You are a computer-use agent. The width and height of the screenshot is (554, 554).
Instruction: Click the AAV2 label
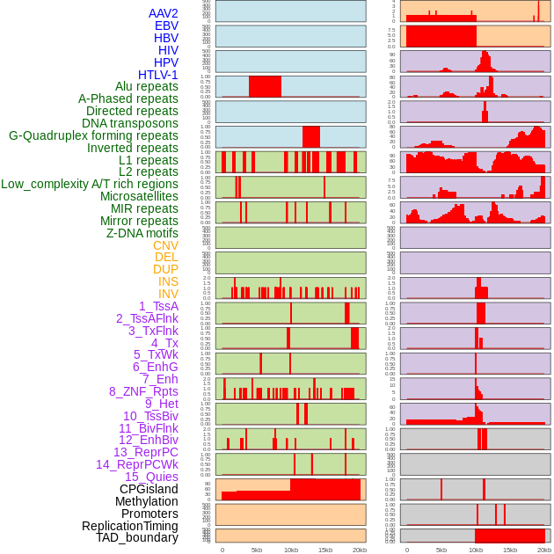click(x=163, y=13)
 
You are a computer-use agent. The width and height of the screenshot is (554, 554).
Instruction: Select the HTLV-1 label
click(x=157, y=75)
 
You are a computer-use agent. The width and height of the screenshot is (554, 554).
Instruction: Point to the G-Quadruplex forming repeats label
click(x=93, y=135)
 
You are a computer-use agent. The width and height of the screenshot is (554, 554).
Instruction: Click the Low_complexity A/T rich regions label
click(x=90, y=184)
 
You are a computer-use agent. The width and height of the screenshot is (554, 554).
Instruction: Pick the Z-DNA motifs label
click(x=142, y=233)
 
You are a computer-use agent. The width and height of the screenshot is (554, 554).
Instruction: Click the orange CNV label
click(x=165, y=245)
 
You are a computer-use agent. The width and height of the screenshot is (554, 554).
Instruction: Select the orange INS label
click(x=168, y=281)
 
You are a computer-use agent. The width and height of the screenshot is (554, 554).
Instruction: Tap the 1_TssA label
click(x=158, y=306)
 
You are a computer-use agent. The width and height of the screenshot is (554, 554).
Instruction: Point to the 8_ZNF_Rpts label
click(x=143, y=391)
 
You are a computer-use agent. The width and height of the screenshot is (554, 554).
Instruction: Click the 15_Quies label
click(x=151, y=477)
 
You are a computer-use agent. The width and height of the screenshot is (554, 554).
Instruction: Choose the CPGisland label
click(x=149, y=489)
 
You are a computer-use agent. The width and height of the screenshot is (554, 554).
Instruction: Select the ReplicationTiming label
click(x=130, y=526)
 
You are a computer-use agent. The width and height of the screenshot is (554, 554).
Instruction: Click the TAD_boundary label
click(x=136, y=537)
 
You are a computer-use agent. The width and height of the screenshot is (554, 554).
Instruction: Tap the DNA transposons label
click(x=130, y=123)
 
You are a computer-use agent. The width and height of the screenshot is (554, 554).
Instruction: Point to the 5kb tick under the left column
click(x=257, y=550)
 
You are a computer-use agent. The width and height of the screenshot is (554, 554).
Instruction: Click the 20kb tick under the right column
click(x=544, y=550)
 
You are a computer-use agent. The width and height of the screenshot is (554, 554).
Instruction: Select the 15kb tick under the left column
click(x=325, y=550)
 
